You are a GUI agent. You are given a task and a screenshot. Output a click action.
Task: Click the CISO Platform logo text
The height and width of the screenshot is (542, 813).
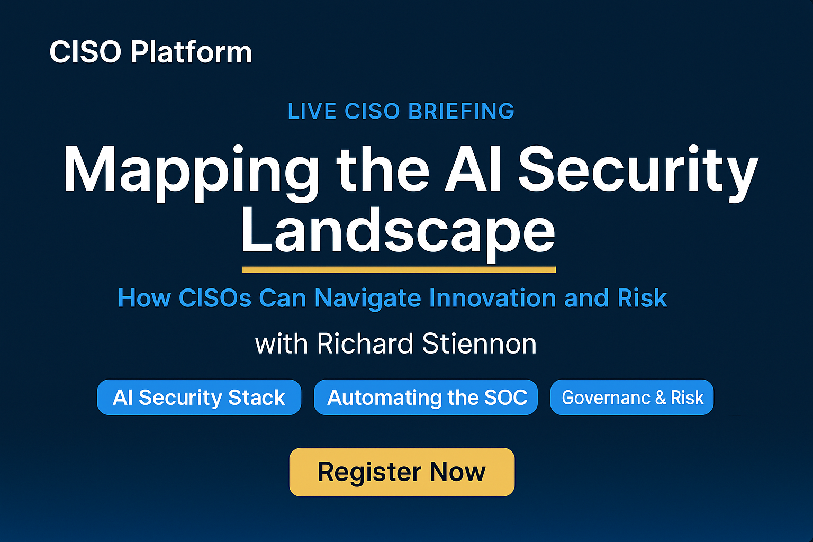150,52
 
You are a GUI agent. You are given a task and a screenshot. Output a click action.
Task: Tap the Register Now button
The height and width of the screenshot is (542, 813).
402,472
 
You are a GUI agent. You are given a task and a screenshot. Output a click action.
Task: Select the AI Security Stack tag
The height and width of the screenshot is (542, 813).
199,397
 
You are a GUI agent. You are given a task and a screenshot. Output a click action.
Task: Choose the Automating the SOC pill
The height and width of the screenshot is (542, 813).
426,397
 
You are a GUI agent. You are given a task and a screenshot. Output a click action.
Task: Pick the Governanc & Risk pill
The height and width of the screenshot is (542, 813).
632,397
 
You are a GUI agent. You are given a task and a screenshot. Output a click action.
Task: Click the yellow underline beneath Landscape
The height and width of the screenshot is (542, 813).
399,270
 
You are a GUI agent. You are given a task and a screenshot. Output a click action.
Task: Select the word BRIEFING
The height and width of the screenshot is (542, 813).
462,111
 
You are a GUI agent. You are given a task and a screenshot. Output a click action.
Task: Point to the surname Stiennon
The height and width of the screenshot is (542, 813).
479,344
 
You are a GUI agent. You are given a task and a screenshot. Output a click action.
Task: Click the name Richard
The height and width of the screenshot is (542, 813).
365,344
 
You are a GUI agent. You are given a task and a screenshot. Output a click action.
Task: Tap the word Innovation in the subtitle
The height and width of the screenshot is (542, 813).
493,299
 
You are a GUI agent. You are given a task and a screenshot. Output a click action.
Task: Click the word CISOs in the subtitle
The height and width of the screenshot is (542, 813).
215,299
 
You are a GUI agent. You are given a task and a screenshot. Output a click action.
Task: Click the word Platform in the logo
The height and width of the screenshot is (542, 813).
191,52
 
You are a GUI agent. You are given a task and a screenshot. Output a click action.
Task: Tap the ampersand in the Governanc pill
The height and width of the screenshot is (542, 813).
661,398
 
